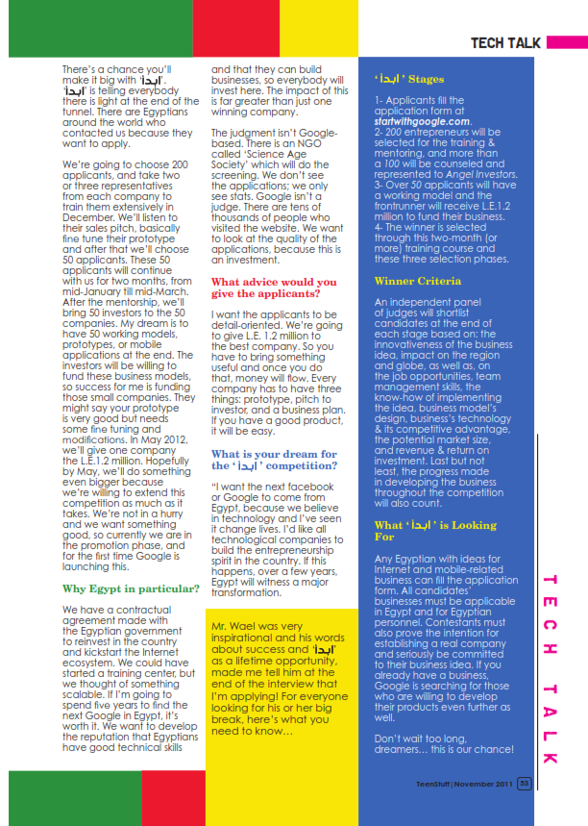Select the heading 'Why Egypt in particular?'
(131, 588)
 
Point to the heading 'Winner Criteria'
(418, 281)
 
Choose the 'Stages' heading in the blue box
(409, 80)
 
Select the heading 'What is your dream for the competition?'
(274, 459)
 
